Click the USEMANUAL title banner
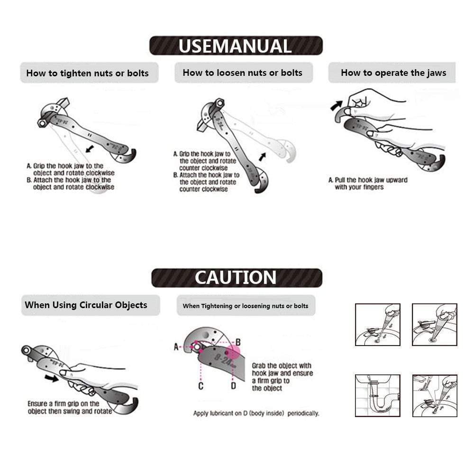tap(236, 46)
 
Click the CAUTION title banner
tap(237, 277)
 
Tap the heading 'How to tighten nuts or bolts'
tap(87, 73)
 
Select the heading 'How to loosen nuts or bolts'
tap(242, 73)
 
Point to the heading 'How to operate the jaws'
tap(393, 73)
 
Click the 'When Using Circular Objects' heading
tap(86, 305)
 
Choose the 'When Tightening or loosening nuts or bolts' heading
tap(246, 306)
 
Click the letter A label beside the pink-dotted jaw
tap(176, 347)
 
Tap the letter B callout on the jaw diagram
tap(238, 342)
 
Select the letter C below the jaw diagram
tap(201, 386)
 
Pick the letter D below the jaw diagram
tap(233, 386)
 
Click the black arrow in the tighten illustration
tap(90, 149)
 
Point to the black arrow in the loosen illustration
tap(262, 156)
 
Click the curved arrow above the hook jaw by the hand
tap(337, 106)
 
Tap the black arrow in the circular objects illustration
tap(51, 378)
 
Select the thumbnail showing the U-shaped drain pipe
tap(378, 396)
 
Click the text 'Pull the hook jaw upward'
tap(371, 180)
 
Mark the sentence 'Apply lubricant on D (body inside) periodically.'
tap(256, 413)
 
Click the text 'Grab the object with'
tap(282, 365)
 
